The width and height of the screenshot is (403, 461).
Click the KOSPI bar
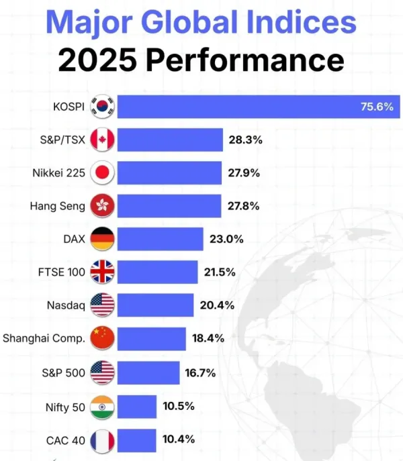[x=259, y=107]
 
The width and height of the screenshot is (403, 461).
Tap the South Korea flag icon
[x=103, y=107]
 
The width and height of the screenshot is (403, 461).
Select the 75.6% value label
[x=377, y=107]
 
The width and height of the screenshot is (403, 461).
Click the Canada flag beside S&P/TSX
[x=103, y=140]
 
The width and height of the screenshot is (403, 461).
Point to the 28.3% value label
[x=244, y=140]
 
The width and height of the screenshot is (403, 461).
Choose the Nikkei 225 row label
[x=59, y=172]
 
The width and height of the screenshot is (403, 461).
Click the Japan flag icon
[x=103, y=172]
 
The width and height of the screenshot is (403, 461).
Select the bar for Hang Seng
[x=169, y=205]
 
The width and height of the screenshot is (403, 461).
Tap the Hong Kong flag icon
[x=103, y=205]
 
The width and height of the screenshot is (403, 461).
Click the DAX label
[x=73, y=238]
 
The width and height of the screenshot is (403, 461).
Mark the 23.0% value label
[x=226, y=238]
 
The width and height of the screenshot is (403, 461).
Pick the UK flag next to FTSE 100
[x=103, y=272]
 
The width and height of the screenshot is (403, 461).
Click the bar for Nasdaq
[x=156, y=305]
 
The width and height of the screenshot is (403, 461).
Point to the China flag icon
[x=103, y=338]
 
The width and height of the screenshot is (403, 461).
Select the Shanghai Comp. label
[x=44, y=338]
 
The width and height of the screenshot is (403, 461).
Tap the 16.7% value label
[x=199, y=370]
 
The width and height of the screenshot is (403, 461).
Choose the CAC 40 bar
[x=137, y=440]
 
